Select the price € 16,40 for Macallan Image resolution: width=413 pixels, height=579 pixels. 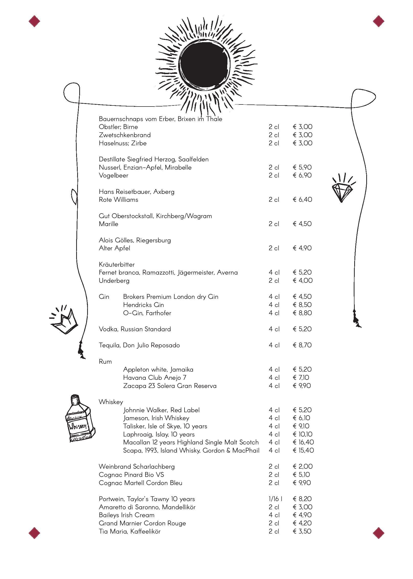point(303,442)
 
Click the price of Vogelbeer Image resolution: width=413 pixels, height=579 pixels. point(302,175)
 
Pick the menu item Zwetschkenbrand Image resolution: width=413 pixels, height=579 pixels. point(125,135)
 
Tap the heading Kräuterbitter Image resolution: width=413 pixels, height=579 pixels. point(117,264)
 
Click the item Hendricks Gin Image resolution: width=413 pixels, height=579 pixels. point(143,305)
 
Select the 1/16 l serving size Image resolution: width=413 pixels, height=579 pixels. point(275,499)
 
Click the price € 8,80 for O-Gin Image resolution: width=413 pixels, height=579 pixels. point(302,313)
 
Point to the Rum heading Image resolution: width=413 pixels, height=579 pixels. point(105,361)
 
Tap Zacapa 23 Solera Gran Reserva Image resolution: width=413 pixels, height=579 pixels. point(170,386)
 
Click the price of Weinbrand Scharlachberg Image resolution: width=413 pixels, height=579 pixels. point(303,467)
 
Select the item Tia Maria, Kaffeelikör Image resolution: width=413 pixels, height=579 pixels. point(130,531)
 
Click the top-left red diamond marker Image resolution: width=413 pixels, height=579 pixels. point(34,21)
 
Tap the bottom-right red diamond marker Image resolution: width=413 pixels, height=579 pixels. point(378,533)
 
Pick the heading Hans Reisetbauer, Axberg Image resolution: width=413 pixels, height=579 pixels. point(136,192)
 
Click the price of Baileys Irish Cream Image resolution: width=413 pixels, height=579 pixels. point(302,515)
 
